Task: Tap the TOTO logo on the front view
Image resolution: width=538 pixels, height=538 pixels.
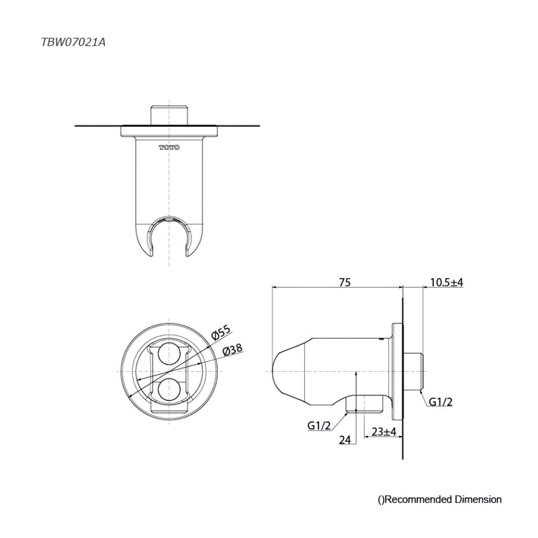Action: click(169, 147)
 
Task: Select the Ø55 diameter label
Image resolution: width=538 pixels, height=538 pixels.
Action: click(221, 333)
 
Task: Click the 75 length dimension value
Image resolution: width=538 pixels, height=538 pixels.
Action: click(344, 282)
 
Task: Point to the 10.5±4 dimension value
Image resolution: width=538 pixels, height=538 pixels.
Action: click(447, 282)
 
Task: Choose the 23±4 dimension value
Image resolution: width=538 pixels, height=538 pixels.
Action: click(384, 431)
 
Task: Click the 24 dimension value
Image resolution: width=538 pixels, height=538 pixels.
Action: click(345, 440)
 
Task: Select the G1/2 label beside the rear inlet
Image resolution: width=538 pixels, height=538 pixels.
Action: click(441, 401)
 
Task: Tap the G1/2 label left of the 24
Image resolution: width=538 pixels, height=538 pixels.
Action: click(318, 425)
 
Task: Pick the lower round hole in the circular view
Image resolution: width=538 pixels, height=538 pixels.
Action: click(169, 390)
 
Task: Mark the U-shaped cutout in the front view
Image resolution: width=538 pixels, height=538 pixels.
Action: click(169, 237)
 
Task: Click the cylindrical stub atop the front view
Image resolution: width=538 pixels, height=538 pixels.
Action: click(169, 114)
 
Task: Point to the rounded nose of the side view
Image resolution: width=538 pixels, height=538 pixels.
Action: click(281, 372)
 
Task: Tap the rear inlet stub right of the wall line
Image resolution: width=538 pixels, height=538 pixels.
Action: click(415, 371)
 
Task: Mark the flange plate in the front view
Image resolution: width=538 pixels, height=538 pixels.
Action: click(169, 130)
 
